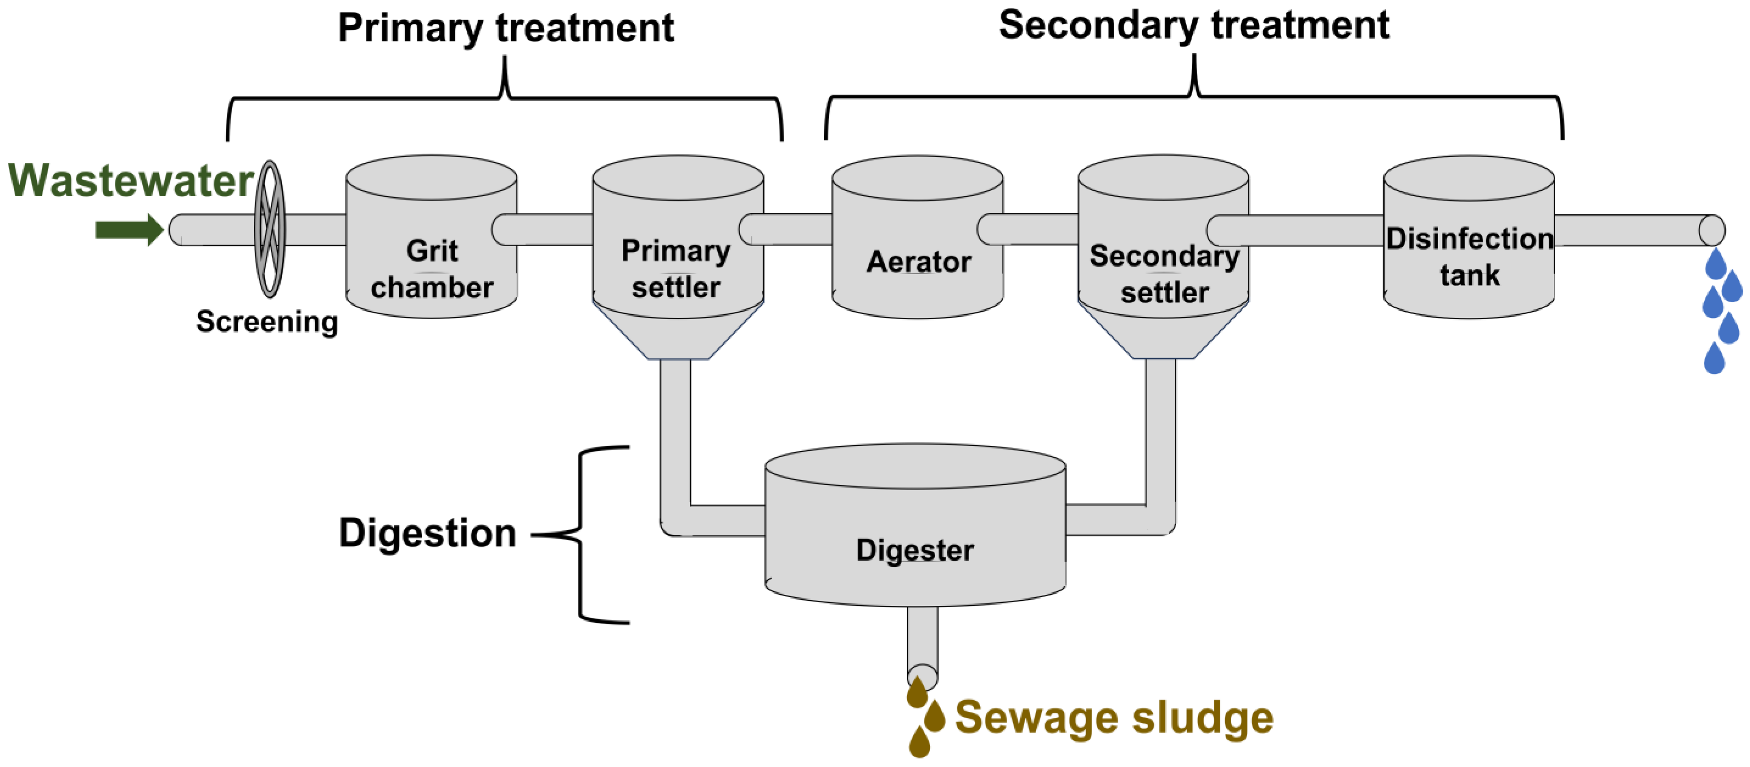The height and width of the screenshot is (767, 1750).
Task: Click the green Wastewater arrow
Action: click(128, 230)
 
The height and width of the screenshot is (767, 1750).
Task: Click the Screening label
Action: click(267, 321)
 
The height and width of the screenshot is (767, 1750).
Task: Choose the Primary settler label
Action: click(676, 269)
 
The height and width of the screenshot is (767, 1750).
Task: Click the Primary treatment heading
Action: click(506, 28)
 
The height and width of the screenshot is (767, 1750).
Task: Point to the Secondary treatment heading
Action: click(1194, 26)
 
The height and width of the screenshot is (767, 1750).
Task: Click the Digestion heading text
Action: click(427, 533)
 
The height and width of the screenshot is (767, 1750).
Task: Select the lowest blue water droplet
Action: click(1714, 359)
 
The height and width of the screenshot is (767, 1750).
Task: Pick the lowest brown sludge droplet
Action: click(919, 743)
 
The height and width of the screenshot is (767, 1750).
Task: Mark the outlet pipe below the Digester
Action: click(922, 642)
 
